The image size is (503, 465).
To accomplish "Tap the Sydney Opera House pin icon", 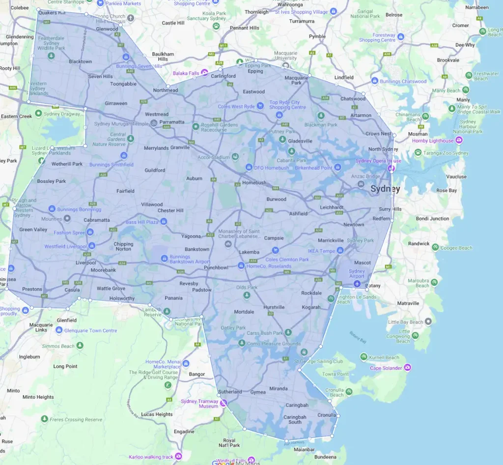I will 391,168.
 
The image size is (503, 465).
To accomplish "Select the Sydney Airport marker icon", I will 357,284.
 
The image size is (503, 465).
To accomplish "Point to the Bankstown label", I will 197,249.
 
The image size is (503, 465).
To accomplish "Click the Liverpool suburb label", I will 85,262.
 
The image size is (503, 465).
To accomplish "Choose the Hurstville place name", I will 274,307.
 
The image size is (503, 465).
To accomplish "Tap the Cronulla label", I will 327,415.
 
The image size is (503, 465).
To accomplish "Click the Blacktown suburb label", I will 80,62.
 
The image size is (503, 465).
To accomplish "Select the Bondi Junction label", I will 432,219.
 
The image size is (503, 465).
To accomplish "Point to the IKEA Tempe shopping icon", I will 340,251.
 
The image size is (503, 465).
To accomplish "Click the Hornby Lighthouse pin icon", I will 459,141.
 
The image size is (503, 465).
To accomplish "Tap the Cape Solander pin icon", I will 407,368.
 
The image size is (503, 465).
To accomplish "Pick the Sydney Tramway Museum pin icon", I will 224,404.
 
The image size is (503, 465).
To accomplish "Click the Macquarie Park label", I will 296,80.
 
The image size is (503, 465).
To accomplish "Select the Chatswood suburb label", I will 353,99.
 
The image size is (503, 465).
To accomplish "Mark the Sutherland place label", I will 230,392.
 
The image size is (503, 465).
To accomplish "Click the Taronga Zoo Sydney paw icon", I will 418,153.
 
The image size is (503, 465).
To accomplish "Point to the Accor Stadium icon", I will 235,157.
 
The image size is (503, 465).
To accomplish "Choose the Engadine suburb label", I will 184,432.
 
